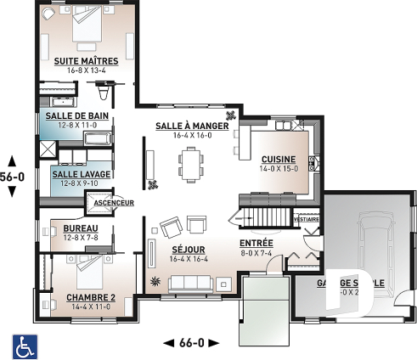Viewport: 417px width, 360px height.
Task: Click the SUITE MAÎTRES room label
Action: pos(85,61)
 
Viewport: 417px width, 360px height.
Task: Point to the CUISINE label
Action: pos(279,159)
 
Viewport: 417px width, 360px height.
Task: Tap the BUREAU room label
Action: pos(81,228)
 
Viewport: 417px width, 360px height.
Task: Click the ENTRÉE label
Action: pos(256,242)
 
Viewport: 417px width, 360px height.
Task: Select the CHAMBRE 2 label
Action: pos(90,297)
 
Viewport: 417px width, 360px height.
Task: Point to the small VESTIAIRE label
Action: pos(306,218)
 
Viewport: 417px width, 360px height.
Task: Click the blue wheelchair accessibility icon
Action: pos(23,345)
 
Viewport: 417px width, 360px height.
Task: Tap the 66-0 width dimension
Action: pos(191,342)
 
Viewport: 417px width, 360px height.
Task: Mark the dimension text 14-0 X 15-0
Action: pos(279,169)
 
